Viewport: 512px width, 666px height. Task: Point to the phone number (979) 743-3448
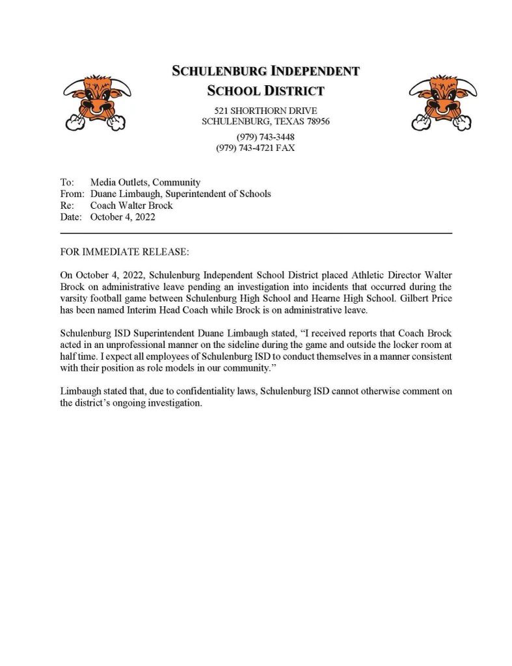pos(265,137)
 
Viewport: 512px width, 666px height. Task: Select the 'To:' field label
pos(67,182)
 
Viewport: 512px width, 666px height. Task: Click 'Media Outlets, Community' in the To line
pos(145,182)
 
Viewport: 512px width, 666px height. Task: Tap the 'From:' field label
pos(72,194)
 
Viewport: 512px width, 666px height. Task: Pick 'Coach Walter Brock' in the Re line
pos(131,206)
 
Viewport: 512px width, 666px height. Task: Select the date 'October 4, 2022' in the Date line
pos(123,217)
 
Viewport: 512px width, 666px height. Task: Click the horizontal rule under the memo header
pos(256,232)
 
